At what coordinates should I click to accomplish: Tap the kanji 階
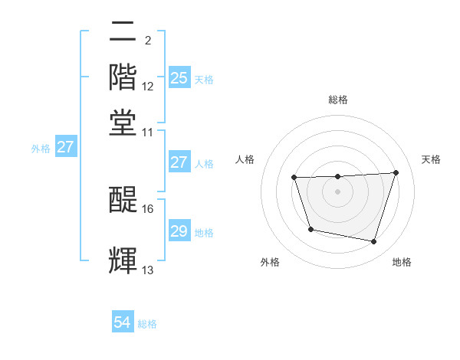[123, 77]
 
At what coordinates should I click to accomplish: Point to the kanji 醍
[123, 199]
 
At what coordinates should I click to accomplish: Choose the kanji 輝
[123, 260]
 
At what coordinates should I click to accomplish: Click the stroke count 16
[148, 208]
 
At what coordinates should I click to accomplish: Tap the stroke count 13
[148, 270]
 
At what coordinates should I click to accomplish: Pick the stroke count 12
[148, 87]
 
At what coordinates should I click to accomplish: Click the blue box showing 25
[179, 77]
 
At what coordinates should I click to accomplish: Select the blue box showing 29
[179, 231]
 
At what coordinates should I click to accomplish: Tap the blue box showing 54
[123, 322]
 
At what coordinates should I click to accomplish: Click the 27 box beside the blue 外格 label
[65, 146]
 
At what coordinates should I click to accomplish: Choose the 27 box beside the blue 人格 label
[179, 162]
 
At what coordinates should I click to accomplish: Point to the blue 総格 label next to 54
[147, 324]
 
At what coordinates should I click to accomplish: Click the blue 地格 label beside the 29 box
[204, 232]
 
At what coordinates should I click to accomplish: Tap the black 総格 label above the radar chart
[338, 100]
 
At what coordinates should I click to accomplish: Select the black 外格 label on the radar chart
[270, 262]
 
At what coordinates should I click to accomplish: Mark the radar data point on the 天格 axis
[396, 172]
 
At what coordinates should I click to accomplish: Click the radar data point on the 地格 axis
[373, 242]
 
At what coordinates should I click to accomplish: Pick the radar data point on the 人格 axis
[294, 178]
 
